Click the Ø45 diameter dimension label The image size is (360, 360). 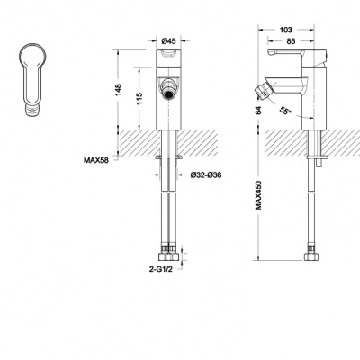(x=168, y=41)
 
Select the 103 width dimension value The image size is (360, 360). (x=286, y=30)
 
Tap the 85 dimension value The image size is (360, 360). (x=291, y=41)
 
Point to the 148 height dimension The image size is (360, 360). (x=118, y=90)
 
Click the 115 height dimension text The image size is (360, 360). (x=139, y=99)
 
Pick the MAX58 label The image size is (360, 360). (x=96, y=160)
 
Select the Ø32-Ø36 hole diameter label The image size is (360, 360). (x=206, y=175)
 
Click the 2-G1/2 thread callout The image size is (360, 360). (x=161, y=269)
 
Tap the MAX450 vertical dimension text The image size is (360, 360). (x=258, y=195)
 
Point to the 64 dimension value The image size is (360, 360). (x=258, y=110)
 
